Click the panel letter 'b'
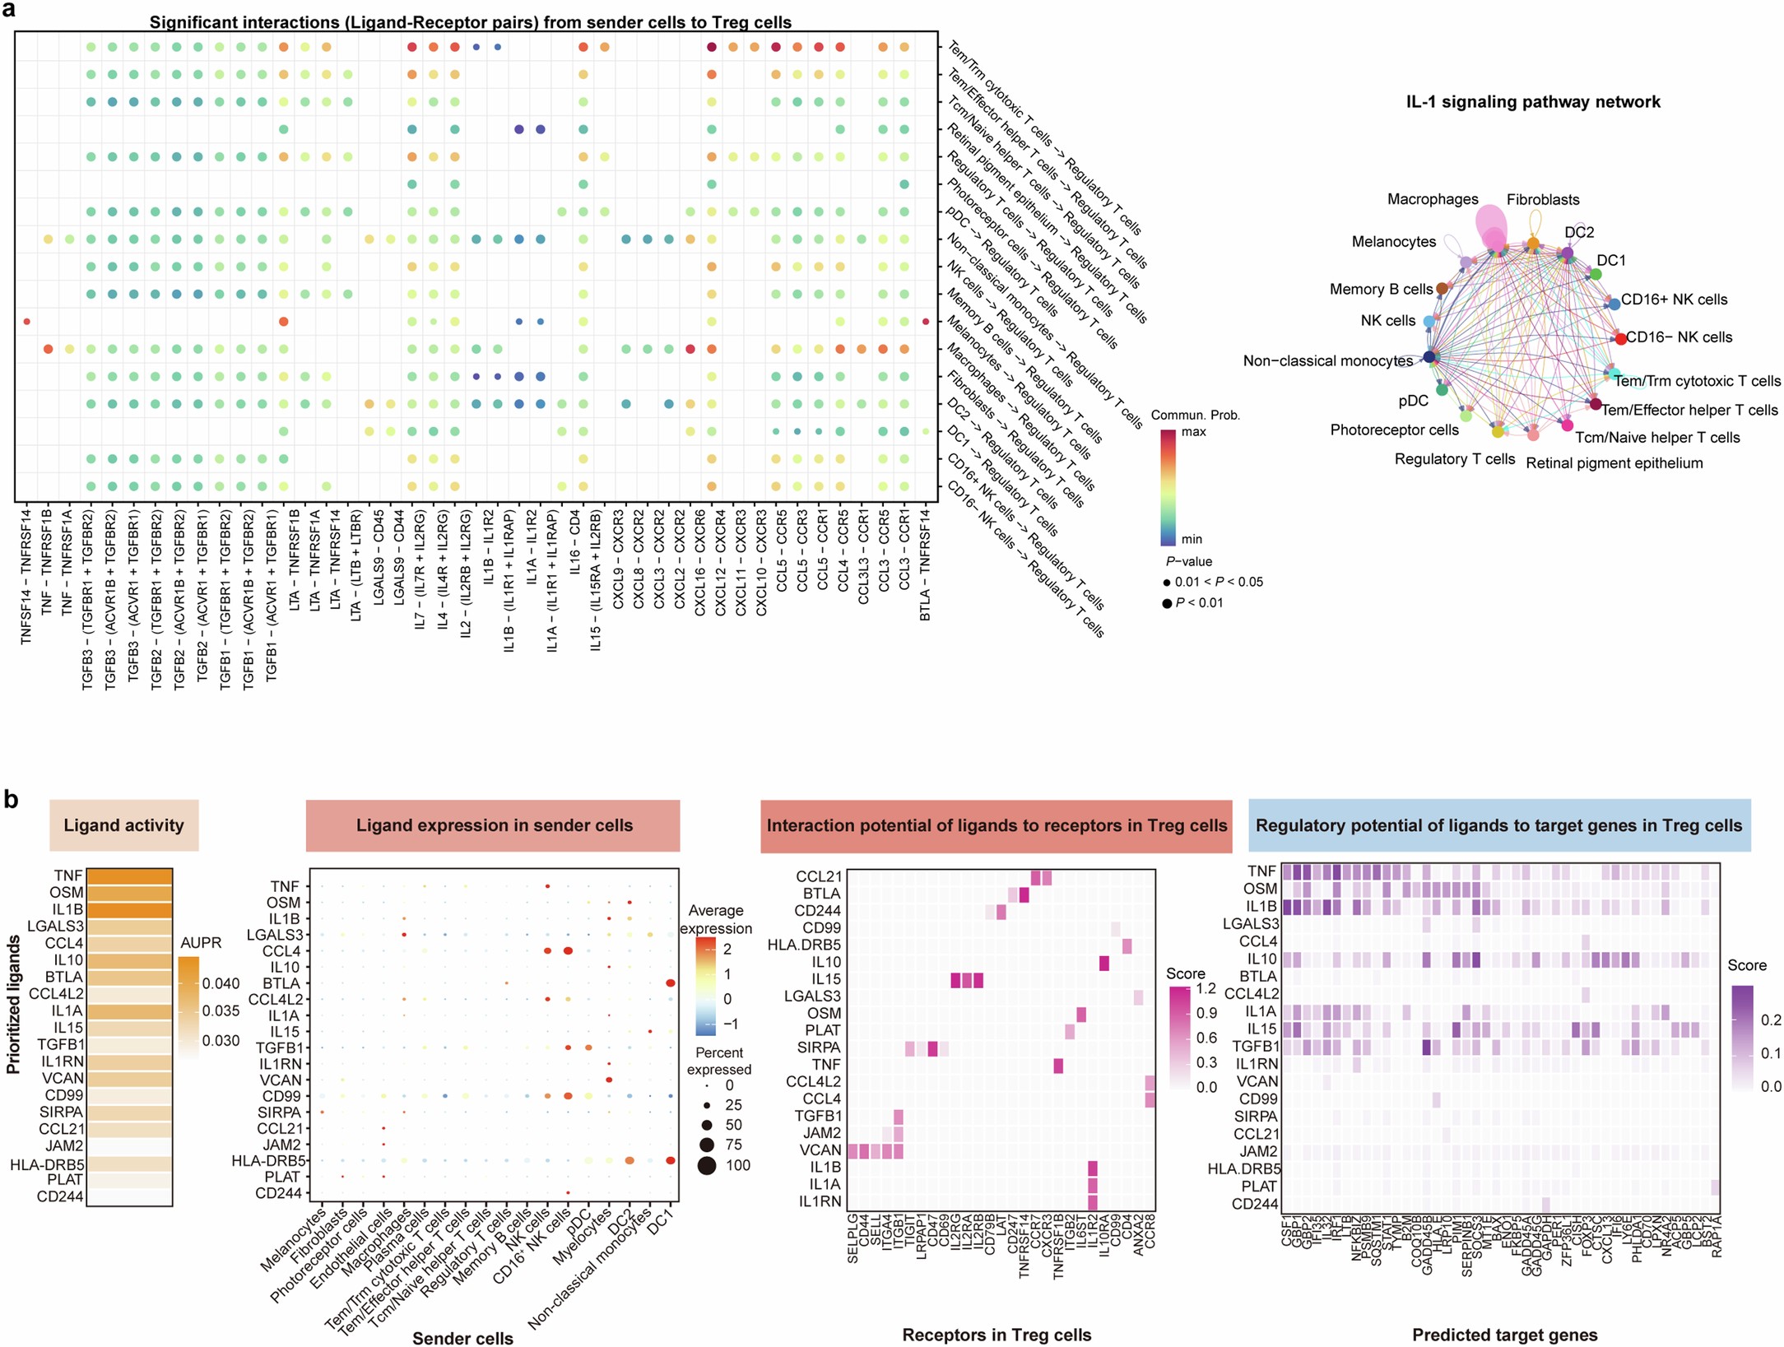(11, 798)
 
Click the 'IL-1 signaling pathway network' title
(1532, 102)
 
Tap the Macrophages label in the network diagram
(1432, 199)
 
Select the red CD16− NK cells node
(1619, 338)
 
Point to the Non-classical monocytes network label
(1327, 360)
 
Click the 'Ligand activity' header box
(123, 825)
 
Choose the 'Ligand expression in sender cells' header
(494, 825)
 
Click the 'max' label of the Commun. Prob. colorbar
(1193, 432)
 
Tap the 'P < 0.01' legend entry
(1198, 603)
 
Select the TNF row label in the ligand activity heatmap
(68, 876)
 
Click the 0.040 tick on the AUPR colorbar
(221, 983)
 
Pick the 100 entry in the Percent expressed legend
(737, 1165)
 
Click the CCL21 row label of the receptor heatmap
(818, 876)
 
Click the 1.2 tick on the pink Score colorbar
(1206, 988)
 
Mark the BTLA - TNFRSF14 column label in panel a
(925, 564)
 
